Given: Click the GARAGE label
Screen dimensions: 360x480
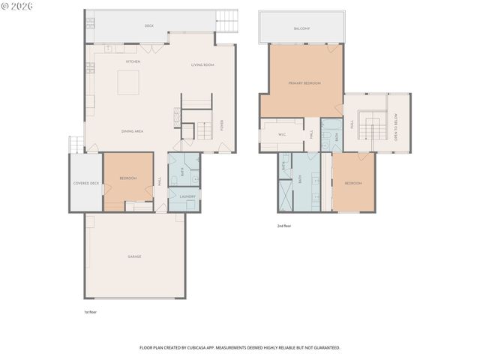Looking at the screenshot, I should pyautogui.click(x=134, y=256).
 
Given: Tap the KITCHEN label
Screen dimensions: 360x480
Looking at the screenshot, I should pyautogui.click(x=133, y=61).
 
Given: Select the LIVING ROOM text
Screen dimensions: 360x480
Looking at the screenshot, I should pyautogui.click(x=202, y=65).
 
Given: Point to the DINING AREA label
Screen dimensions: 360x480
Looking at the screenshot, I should pyautogui.click(x=133, y=131).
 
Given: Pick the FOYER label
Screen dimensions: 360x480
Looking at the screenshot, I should pyautogui.click(x=222, y=125).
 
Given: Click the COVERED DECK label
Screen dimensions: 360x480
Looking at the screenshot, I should pyautogui.click(x=85, y=183).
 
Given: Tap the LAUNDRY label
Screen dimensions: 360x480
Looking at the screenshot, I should pyautogui.click(x=187, y=196).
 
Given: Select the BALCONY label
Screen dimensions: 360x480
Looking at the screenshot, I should pyautogui.click(x=301, y=28).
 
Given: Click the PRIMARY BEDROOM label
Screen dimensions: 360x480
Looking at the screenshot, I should pyautogui.click(x=304, y=83).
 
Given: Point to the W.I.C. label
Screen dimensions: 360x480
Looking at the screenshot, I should pyautogui.click(x=282, y=135).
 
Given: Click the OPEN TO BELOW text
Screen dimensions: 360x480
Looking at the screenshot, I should pyautogui.click(x=396, y=127).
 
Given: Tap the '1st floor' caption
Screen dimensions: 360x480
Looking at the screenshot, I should pyautogui.click(x=90, y=312).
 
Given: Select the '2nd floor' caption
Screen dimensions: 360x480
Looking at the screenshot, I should pyautogui.click(x=283, y=225).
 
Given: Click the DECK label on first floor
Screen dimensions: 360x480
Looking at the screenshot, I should pyautogui.click(x=149, y=25).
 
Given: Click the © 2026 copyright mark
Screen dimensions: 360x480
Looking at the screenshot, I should pyautogui.click(x=16, y=7).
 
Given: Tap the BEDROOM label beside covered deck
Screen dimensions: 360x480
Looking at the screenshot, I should pyautogui.click(x=128, y=178).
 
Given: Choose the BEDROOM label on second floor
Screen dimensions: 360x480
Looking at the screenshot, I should pyautogui.click(x=353, y=183).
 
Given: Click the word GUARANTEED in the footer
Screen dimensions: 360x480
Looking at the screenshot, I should pyautogui.click(x=325, y=348).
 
